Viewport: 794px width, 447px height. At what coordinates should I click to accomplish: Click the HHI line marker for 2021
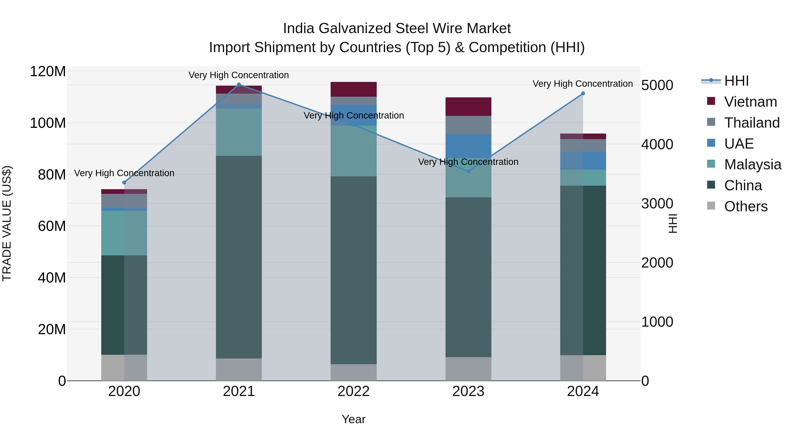(239, 85)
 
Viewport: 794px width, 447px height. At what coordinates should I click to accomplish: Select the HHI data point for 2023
(468, 171)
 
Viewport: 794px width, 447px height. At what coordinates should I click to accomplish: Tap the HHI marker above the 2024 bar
(583, 93)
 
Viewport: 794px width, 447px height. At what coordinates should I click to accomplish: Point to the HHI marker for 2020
(124, 183)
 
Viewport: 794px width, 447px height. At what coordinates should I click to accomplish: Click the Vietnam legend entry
(750, 102)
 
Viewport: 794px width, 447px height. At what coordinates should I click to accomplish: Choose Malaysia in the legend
(752, 164)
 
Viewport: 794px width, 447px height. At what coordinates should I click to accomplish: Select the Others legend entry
(746, 206)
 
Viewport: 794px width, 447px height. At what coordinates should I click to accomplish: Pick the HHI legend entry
(736, 81)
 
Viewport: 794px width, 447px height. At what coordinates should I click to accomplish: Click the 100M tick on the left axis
(48, 123)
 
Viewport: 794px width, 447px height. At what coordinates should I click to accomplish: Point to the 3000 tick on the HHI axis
(657, 204)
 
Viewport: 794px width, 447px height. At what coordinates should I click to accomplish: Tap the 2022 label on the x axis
(354, 391)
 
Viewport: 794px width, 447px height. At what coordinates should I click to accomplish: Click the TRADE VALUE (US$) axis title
(7, 223)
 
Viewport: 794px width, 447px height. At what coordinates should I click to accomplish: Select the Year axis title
(354, 419)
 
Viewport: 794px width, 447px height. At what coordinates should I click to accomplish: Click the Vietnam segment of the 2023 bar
(468, 107)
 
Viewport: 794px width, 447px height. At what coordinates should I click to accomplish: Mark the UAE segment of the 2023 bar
(468, 146)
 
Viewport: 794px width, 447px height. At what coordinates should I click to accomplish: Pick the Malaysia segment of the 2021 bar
(239, 132)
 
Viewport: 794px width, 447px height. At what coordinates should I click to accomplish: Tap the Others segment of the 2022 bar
(354, 372)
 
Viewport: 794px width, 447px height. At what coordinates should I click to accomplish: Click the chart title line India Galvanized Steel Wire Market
(397, 28)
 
